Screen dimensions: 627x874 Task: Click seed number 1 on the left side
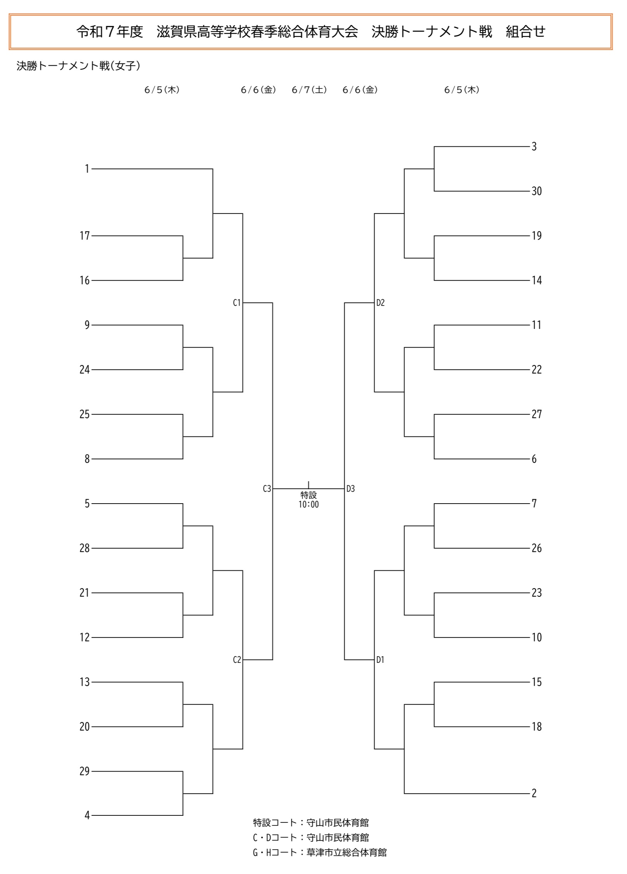pos(87,169)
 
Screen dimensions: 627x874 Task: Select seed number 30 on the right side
pos(536,191)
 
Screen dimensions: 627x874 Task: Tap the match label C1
pos(237,303)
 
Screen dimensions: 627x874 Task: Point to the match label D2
pos(380,303)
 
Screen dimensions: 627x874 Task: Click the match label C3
pos(267,489)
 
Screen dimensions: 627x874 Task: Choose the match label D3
pos(350,489)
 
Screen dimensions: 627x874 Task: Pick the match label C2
pos(237,660)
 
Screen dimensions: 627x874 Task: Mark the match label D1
pos(380,660)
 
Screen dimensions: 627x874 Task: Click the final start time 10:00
pos(308,505)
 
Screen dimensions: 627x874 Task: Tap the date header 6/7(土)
pos(309,90)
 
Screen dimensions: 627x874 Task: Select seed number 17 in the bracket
pos(85,236)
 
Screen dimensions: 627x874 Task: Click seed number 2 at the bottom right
pos(534,794)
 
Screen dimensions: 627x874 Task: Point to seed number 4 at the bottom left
pos(87,815)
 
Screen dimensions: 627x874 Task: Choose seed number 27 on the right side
pos(536,414)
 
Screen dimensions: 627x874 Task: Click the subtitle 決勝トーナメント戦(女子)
pos(78,66)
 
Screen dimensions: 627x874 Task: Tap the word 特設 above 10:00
pos(308,495)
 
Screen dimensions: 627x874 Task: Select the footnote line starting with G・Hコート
pos(320,853)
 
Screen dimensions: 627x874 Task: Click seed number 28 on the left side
pos(85,548)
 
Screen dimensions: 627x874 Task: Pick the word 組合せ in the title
pos(526,32)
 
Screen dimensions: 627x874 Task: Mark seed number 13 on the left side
pos(85,682)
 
